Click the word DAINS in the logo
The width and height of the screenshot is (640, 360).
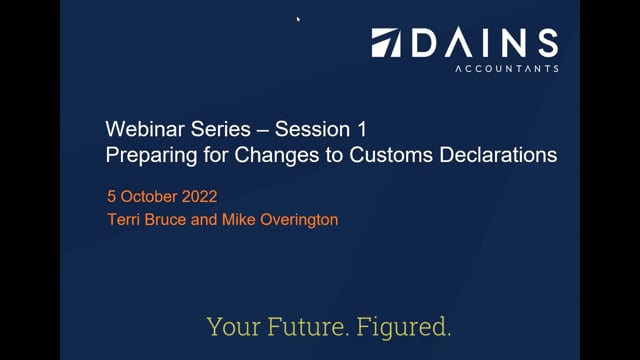[x=484, y=43]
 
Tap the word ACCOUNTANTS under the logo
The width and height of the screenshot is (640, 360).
[x=506, y=69]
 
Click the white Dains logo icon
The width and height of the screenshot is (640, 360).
[x=387, y=43]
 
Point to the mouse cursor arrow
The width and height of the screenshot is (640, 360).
[x=299, y=18]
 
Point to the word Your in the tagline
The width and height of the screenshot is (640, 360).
[x=229, y=326]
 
